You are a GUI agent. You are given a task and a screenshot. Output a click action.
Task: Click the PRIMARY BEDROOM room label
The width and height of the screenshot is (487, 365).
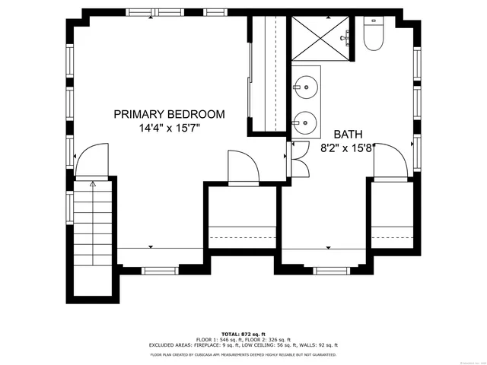(169, 114)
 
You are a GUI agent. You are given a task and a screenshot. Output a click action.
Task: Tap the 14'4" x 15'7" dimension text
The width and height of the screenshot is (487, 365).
(169, 129)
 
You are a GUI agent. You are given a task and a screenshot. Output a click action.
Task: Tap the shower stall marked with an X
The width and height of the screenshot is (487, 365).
(319, 36)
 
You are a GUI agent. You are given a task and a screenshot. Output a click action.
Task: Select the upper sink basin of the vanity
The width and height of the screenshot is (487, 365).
(306, 87)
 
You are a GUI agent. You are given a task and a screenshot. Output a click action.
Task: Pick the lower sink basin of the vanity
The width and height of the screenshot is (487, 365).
(306, 121)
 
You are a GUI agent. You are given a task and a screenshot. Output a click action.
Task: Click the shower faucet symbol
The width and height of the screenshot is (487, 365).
(346, 36)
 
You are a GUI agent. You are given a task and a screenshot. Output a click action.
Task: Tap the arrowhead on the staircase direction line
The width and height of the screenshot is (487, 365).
(93, 183)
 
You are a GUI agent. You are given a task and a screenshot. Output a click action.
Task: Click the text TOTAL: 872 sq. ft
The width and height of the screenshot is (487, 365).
(243, 334)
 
